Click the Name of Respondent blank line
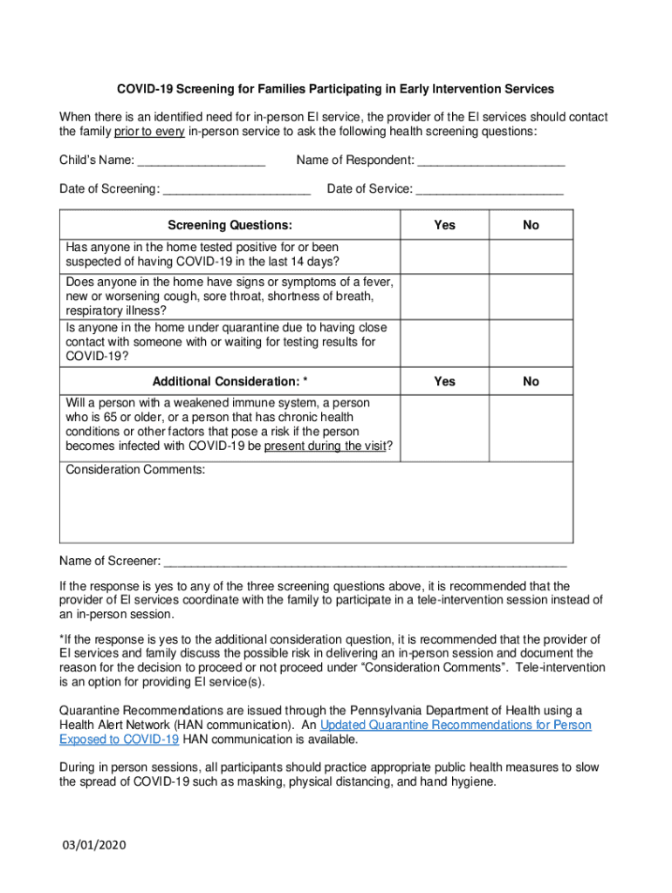(490, 161)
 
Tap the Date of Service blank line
(490, 190)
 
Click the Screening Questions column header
(230, 225)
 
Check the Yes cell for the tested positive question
(444, 256)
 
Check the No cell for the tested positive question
(531, 256)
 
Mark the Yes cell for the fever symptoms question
(444, 297)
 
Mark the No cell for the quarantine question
(531, 343)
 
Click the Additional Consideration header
(230, 382)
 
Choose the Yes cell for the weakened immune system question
(444, 426)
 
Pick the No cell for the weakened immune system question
(531, 426)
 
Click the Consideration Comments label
(135, 470)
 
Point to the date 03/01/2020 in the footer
(94, 846)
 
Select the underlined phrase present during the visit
(327, 446)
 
